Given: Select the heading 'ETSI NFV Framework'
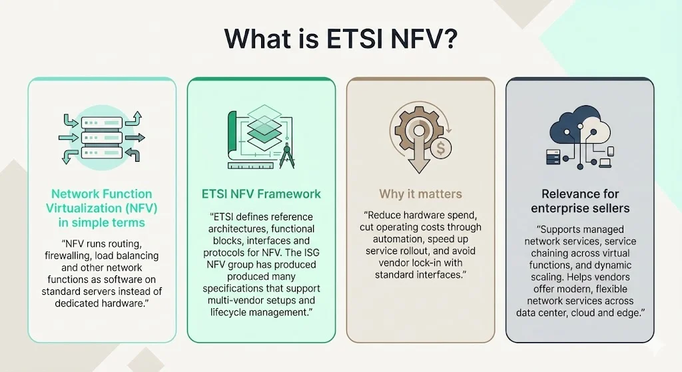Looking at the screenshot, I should pos(261,194).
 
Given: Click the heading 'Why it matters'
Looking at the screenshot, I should pos(420,194).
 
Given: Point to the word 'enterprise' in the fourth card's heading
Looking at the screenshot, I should pos(556,208).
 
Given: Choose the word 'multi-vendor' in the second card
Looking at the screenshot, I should pos(236,301).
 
